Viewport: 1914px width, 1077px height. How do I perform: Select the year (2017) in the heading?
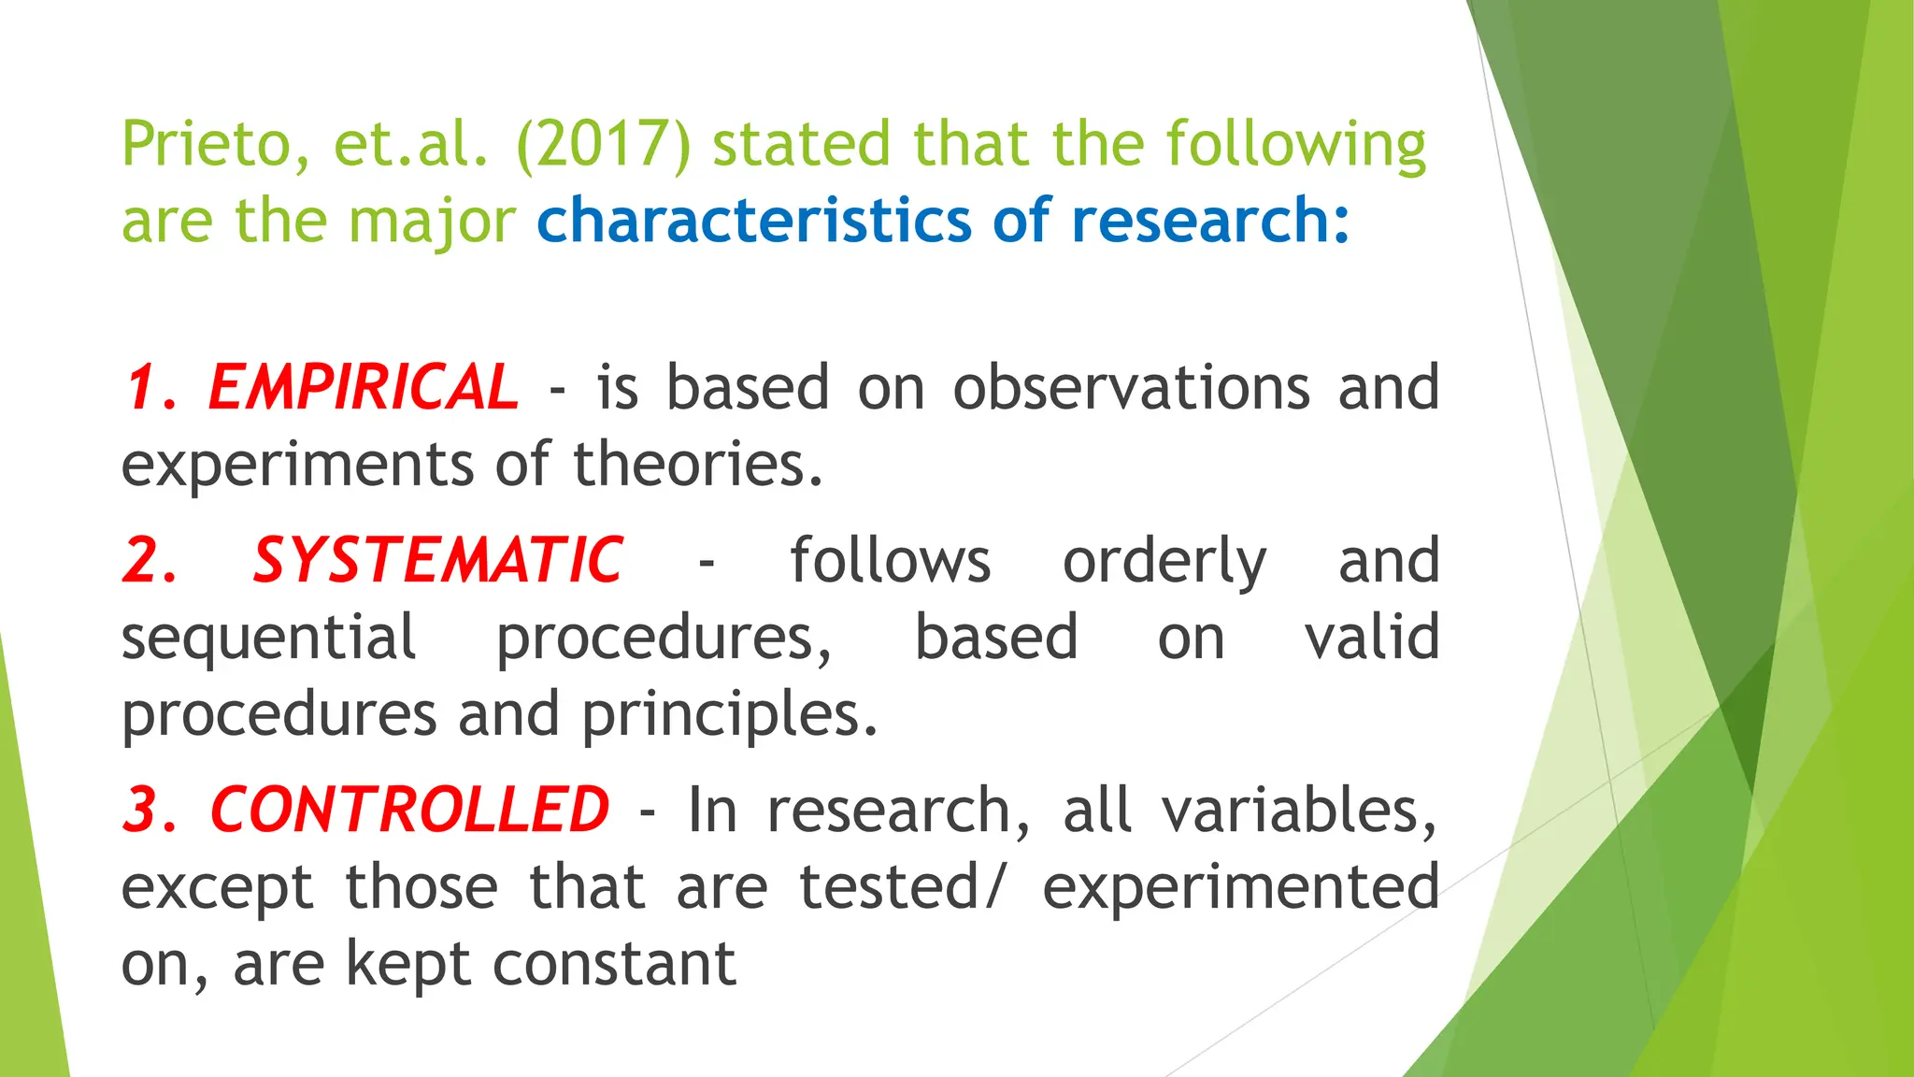click(603, 145)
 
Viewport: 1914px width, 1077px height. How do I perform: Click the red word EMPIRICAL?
click(363, 387)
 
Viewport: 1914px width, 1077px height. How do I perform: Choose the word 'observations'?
click(1131, 387)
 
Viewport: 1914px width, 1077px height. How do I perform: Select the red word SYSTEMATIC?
click(437, 561)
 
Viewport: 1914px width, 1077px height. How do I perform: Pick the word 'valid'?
click(1371, 638)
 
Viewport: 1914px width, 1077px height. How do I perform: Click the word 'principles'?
click(729, 716)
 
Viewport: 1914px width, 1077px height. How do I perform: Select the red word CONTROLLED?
click(409, 810)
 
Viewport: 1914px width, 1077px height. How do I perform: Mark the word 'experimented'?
click(1240, 887)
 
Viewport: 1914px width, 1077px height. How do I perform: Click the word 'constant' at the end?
click(614, 964)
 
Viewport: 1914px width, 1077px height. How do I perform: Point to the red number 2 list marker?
click(149, 561)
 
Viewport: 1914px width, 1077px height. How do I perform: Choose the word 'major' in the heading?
click(432, 223)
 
